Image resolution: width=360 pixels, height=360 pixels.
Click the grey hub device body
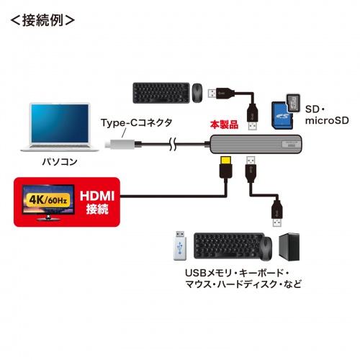tap(252, 145)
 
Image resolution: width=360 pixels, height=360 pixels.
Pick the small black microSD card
tap(294, 100)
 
